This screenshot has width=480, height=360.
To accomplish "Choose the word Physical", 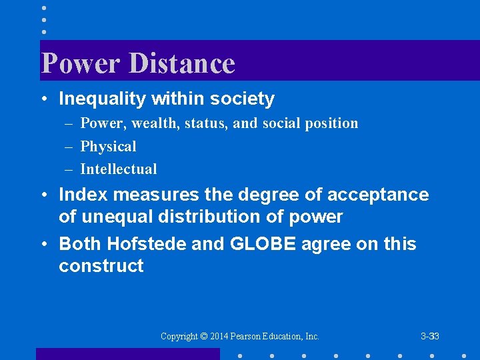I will (x=108, y=147).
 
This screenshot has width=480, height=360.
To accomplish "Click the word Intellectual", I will (x=119, y=169).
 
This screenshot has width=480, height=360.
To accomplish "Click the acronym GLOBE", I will (x=263, y=244).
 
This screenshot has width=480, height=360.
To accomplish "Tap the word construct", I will (x=101, y=266).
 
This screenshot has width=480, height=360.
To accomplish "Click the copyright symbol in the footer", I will (x=205, y=337).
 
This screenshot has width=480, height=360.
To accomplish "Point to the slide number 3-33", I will (x=430, y=337).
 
